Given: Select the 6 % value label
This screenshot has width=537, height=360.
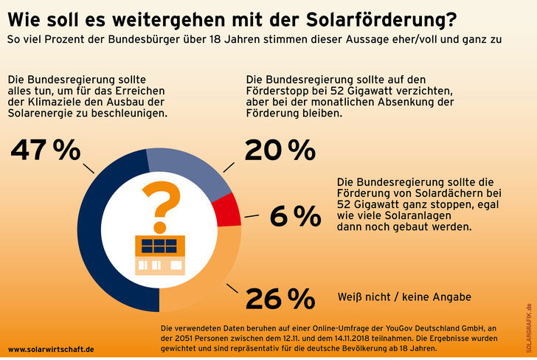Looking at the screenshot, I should coord(295,216).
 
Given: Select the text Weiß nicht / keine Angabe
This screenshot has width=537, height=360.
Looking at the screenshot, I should coord(403,297).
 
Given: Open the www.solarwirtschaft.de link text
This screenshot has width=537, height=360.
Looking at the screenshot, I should coord(51,348).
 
